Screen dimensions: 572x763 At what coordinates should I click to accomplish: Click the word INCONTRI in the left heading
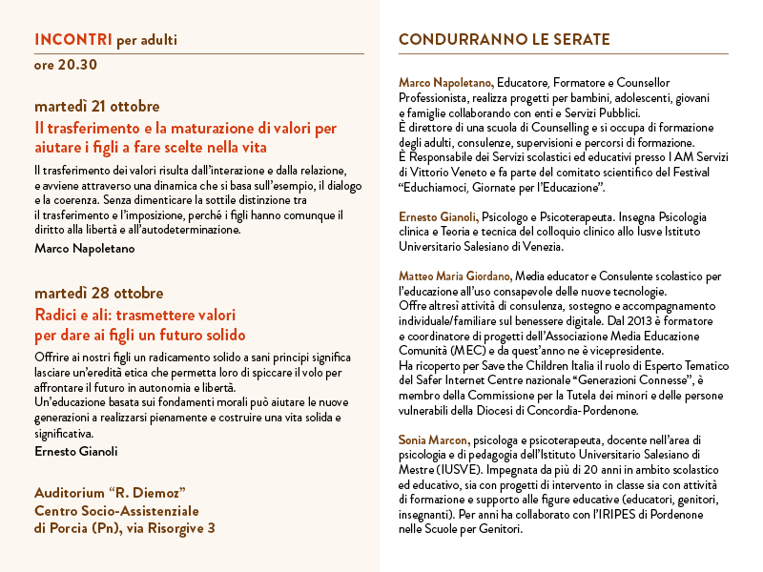[72, 40]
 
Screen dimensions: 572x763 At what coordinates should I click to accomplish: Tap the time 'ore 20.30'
[65, 66]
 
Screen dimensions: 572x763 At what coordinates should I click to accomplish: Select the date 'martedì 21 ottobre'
[96, 106]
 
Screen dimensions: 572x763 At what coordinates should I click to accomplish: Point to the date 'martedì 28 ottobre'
[98, 293]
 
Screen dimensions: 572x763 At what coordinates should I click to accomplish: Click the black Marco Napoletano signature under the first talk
[84, 249]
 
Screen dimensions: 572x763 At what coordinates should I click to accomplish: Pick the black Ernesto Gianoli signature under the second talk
[77, 450]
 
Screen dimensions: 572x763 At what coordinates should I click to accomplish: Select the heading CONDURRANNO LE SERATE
[504, 40]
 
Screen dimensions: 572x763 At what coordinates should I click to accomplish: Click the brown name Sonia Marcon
[433, 439]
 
